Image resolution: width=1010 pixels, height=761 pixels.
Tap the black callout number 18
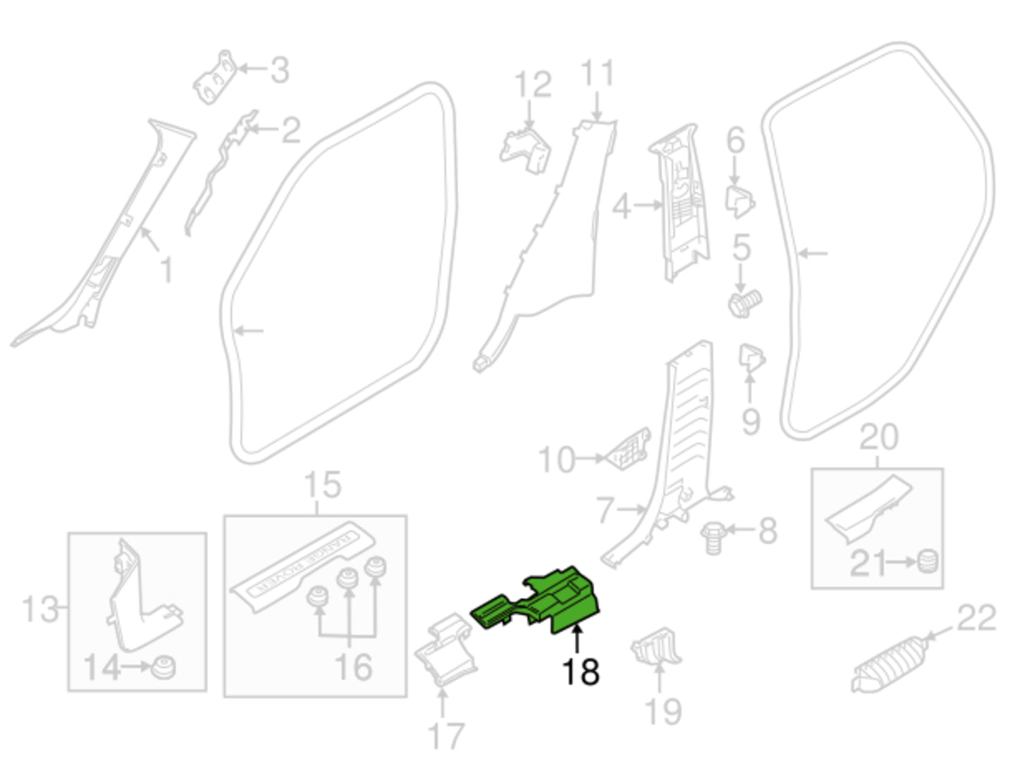pyautogui.click(x=581, y=672)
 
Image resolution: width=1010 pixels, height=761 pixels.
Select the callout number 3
pyautogui.click(x=280, y=70)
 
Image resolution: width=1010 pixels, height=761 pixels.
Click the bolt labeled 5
pyautogui.click(x=746, y=304)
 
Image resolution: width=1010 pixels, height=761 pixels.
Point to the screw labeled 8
pyautogui.click(x=713, y=538)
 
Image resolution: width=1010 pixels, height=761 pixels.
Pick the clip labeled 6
pyautogui.click(x=740, y=202)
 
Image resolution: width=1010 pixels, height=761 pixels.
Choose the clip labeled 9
pyautogui.click(x=751, y=358)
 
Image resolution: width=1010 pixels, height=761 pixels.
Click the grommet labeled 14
pyautogui.click(x=164, y=668)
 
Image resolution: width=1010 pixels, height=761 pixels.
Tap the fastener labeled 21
pyautogui.click(x=927, y=562)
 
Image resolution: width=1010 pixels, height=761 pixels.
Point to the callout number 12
pyautogui.click(x=533, y=85)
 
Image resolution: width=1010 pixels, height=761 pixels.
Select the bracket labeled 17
pyautogui.click(x=445, y=650)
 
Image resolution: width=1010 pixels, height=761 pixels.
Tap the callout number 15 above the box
pyautogui.click(x=323, y=485)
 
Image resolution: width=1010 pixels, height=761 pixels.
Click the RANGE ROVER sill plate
pyautogui.click(x=302, y=567)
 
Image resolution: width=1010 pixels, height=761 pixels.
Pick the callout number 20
pyautogui.click(x=879, y=437)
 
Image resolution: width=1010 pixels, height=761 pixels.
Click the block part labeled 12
pyautogui.click(x=525, y=151)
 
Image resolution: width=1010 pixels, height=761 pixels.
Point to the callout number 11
pyautogui.click(x=597, y=73)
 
